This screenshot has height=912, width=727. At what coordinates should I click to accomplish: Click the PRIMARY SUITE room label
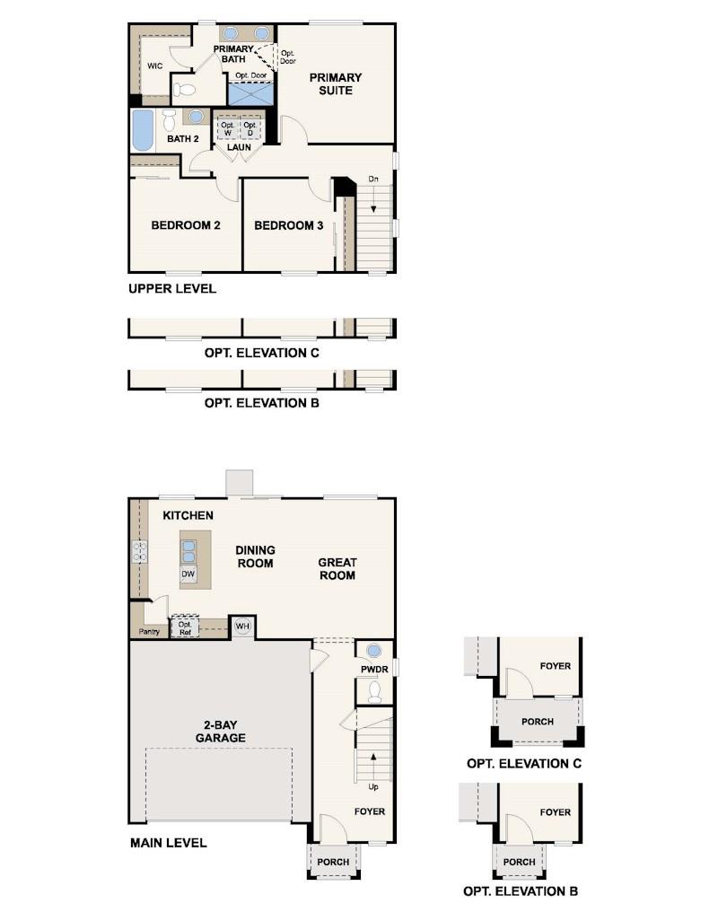tap(336, 84)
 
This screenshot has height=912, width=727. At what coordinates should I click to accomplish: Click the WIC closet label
tap(154, 66)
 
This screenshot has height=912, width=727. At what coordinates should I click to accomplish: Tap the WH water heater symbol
tap(242, 626)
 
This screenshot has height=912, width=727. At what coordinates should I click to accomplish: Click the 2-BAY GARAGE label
tap(221, 732)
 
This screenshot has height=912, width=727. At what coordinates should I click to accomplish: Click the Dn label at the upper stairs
tap(373, 180)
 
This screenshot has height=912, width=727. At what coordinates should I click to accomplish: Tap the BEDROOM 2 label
tap(186, 225)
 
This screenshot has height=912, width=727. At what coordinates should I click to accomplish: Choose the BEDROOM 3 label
tap(288, 225)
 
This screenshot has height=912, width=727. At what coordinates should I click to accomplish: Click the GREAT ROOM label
tap(337, 569)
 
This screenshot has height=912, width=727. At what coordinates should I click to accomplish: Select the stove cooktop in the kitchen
tap(139, 550)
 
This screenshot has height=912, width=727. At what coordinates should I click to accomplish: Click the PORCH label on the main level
tap(333, 862)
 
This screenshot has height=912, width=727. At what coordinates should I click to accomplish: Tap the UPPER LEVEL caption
tap(171, 289)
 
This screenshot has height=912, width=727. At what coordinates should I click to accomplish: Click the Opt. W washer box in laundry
tap(227, 128)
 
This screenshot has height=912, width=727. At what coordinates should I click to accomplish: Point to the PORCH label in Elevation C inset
tap(537, 722)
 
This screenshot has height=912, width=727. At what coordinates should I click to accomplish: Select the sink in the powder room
tap(374, 651)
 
